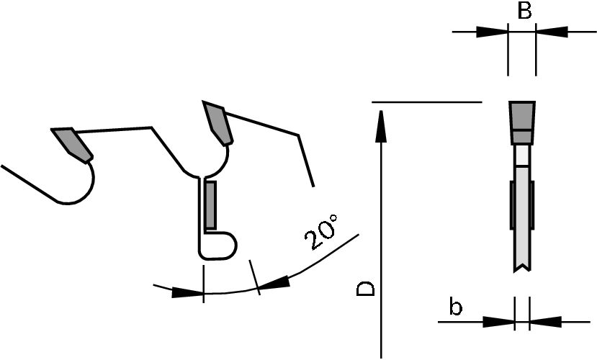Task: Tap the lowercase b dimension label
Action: [x=455, y=307]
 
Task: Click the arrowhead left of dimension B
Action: [x=491, y=32]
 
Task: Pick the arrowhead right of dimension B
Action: [x=552, y=32]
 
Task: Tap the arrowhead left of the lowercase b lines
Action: [x=498, y=321]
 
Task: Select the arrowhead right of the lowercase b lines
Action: [x=545, y=321]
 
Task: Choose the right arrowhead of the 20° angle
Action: [x=274, y=284]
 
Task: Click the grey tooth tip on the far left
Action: [x=71, y=143]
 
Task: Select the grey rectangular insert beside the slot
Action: [x=210, y=205]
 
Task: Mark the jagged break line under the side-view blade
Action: [x=522, y=269]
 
